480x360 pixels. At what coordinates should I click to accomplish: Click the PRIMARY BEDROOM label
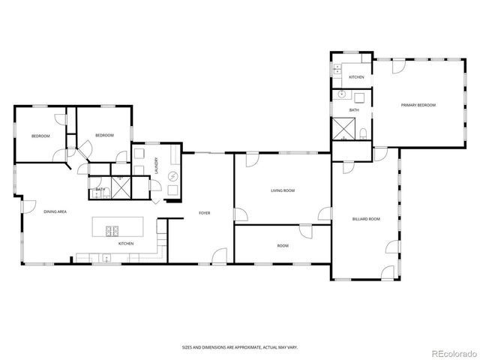[x=418, y=104]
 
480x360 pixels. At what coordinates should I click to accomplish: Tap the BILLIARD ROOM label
[x=366, y=219]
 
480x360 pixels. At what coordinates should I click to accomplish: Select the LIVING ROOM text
[x=283, y=190]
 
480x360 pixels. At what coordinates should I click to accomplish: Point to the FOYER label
[x=204, y=213]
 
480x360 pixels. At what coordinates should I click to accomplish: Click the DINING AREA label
[x=55, y=212]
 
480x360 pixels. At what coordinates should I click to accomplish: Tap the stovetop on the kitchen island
[x=113, y=229]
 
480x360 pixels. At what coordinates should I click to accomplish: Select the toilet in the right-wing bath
[x=363, y=134]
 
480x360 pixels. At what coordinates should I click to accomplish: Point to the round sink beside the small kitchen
[x=342, y=94]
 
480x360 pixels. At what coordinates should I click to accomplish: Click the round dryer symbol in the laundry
[x=172, y=176]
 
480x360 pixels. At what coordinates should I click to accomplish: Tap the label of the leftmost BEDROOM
[x=40, y=136]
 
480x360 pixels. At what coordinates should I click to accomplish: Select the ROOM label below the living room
[x=283, y=245]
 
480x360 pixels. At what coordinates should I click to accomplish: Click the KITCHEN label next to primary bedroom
[x=356, y=77]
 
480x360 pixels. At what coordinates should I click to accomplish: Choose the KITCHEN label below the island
[x=125, y=244]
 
